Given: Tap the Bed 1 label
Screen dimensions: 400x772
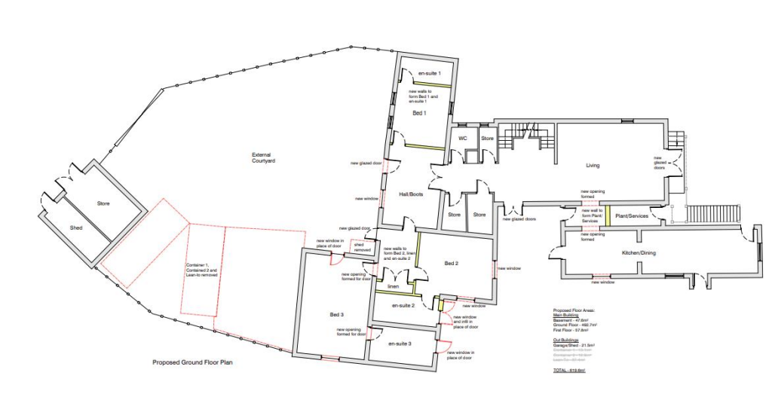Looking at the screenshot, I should click(x=419, y=113).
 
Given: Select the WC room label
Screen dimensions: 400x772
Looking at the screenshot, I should click(x=463, y=139).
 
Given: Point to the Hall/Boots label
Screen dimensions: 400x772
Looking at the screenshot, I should click(x=411, y=194).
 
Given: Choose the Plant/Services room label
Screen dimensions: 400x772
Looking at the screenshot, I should click(x=631, y=216).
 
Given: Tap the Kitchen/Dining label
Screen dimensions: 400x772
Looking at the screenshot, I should click(x=639, y=252).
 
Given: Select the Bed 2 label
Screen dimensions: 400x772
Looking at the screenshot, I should click(x=451, y=263).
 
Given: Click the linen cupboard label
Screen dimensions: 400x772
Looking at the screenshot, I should click(x=393, y=287).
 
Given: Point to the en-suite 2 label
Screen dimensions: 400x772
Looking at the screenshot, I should click(x=403, y=306).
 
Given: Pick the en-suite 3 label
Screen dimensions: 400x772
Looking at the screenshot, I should click(x=400, y=344).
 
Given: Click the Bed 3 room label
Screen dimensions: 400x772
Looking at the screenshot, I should click(x=336, y=313).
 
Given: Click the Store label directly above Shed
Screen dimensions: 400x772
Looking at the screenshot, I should click(x=103, y=203).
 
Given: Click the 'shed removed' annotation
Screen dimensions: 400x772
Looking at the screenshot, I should click(x=363, y=248).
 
